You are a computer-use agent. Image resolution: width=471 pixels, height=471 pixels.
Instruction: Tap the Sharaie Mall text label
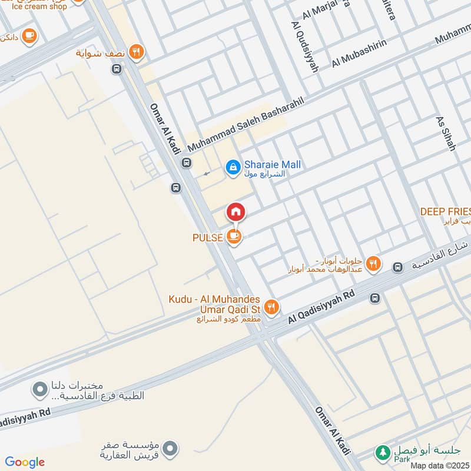click(273, 165)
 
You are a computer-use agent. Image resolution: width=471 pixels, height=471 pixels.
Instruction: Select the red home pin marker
click(235, 212)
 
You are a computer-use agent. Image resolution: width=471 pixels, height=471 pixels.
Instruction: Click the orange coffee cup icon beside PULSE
click(234, 237)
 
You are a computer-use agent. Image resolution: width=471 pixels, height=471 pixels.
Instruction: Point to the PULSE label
click(207, 238)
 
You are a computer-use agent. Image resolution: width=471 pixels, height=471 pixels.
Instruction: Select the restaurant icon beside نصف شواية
click(137, 52)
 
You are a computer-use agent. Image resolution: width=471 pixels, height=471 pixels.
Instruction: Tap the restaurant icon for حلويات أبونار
click(373, 264)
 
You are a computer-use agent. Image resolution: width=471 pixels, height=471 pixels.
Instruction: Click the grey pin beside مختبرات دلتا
click(39, 390)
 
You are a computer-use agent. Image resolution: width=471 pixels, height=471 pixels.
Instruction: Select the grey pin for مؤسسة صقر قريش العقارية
click(170, 449)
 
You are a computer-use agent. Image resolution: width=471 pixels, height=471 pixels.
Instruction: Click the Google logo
click(25, 462)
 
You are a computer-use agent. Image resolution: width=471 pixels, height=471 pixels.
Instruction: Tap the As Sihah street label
click(445, 132)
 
